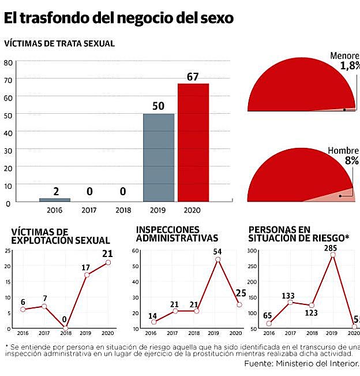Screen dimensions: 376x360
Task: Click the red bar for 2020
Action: [193, 143]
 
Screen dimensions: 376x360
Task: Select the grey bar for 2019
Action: [159, 158]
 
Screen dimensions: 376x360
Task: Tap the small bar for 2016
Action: [55, 200]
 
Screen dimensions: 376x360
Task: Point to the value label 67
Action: [193, 77]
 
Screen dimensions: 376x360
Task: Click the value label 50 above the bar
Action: [159, 106]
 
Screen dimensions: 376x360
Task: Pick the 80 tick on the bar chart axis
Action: [8, 62]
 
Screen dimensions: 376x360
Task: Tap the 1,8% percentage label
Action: [350, 66]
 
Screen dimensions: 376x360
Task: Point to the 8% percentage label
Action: [352, 161]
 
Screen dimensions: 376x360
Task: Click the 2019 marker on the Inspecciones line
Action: [218, 259]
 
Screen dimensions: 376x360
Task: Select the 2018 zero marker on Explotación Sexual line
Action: [65, 328]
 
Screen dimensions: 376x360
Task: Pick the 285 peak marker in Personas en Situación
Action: [333, 255]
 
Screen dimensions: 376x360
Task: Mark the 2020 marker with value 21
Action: [108, 262]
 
